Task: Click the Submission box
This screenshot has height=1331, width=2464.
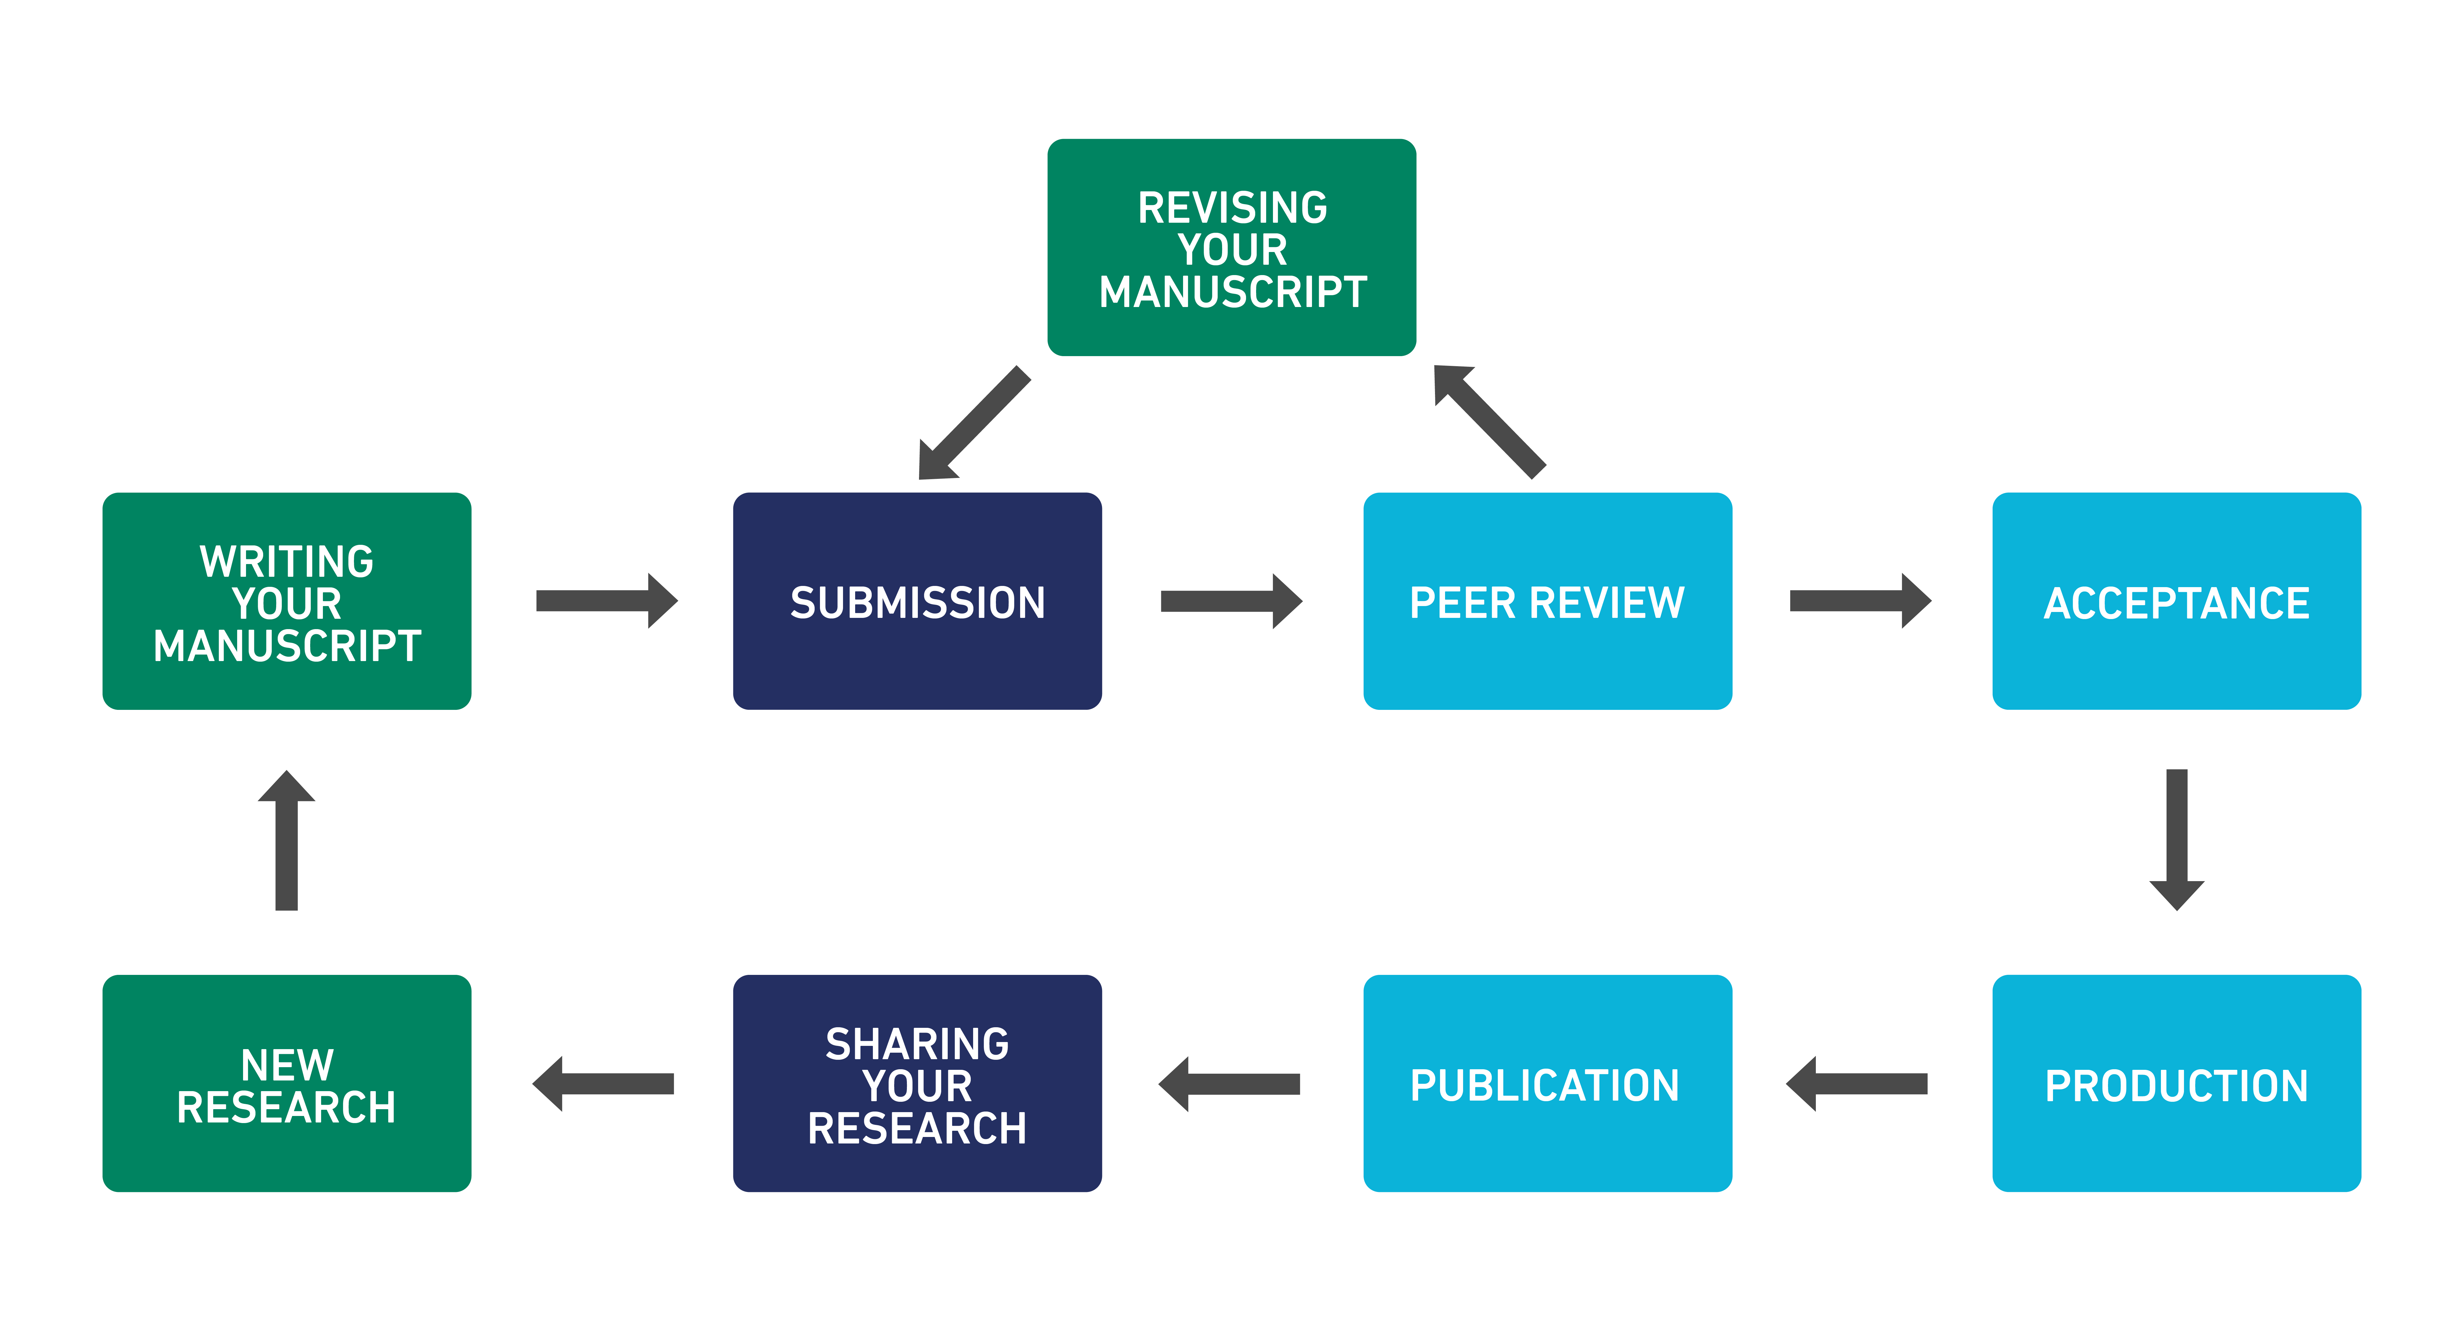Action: [x=917, y=601]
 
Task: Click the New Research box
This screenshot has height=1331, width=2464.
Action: [x=287, y=1083]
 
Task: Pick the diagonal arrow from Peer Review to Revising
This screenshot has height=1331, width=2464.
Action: [x=1489, y=422]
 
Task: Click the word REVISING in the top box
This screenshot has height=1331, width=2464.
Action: [x=1233, y=208]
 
